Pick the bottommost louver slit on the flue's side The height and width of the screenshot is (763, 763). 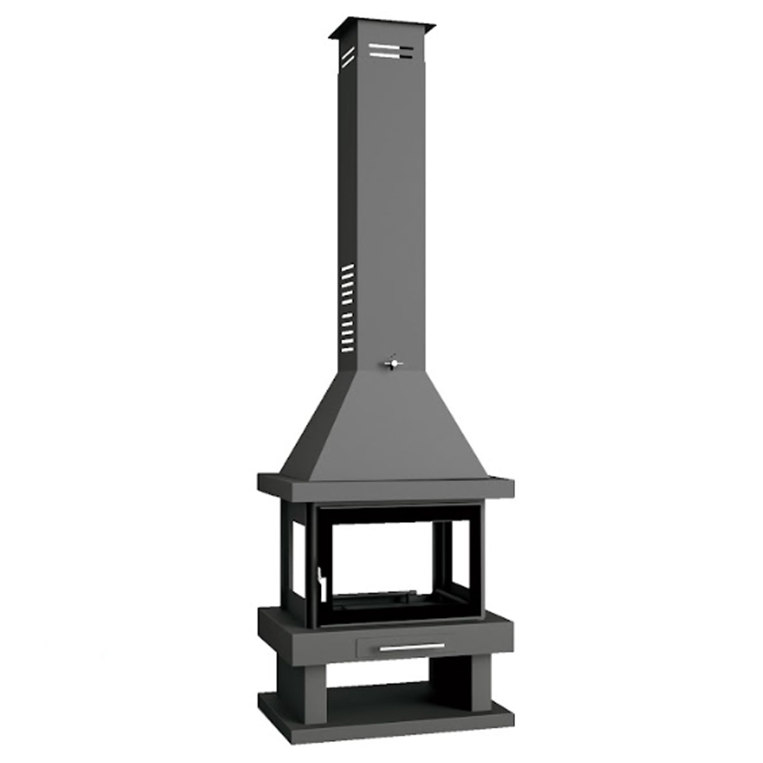347,348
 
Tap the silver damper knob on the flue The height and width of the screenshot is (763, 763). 394,362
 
